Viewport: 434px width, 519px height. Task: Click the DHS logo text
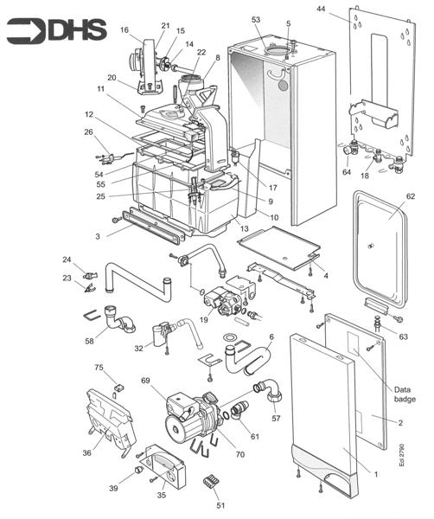(x=77, y=31)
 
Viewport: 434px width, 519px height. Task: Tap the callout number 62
(x=411, y=197)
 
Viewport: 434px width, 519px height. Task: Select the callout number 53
(x=255, y=19)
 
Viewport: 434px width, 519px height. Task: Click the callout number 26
(x=88, y=131)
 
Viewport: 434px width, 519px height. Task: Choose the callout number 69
(x=146, y=381)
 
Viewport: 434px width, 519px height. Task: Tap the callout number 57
(x=277, y=418)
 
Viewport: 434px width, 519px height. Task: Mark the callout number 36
(x=87, y=451)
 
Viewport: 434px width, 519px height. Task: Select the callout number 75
(x=98, y=368)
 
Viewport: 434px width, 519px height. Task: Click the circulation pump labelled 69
(x=190, y=420)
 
